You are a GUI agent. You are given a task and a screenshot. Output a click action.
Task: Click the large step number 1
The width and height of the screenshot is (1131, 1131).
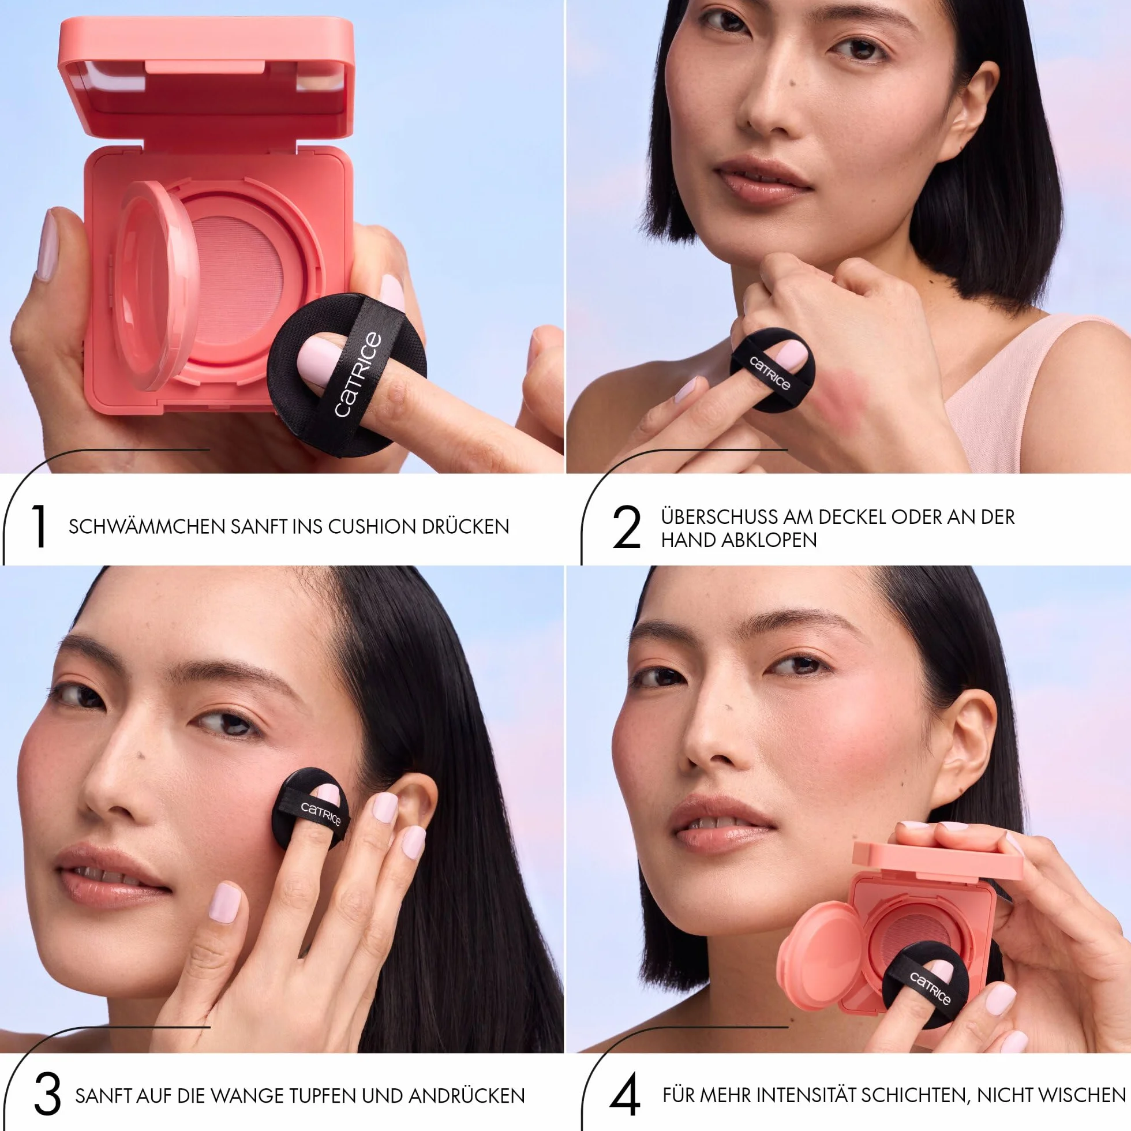(39, 526)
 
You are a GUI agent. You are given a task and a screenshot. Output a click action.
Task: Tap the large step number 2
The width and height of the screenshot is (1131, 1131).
(627, 527)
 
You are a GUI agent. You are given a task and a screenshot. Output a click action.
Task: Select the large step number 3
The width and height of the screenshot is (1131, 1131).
(48, 1093)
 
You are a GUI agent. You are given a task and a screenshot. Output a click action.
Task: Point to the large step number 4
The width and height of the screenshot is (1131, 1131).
(625, 1093)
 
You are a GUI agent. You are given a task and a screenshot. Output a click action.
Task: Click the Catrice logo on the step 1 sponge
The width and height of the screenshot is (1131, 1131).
(358, 374)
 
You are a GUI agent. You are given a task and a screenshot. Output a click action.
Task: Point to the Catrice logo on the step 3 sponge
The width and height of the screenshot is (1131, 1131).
(320, 813)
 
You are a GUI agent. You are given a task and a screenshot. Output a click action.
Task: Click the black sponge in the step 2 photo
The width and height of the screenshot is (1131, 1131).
(772, 369)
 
